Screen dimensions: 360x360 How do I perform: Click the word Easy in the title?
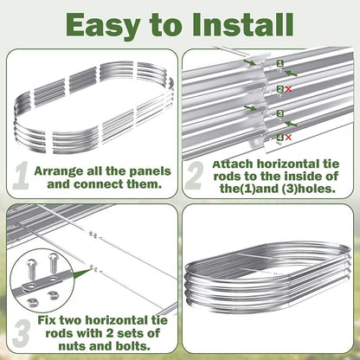pos(103,25)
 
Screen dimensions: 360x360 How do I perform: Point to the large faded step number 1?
pos(21,175)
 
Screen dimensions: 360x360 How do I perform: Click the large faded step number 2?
pos(194,175)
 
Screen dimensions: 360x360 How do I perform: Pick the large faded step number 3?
pos(22,333)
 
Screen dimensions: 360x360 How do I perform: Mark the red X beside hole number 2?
pos(288,89)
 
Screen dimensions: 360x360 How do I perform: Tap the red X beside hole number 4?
pos(288,138)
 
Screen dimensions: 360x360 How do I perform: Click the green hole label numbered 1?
pos(280,63)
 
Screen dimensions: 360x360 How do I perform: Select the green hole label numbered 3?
pos(280,113)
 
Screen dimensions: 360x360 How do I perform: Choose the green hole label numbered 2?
pos(280,89)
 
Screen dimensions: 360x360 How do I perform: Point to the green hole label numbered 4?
pos(280,137)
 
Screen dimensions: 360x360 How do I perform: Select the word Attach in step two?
pos(232,164)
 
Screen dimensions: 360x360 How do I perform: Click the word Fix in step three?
pos(47,320)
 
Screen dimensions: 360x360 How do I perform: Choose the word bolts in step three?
pos(132,345)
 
